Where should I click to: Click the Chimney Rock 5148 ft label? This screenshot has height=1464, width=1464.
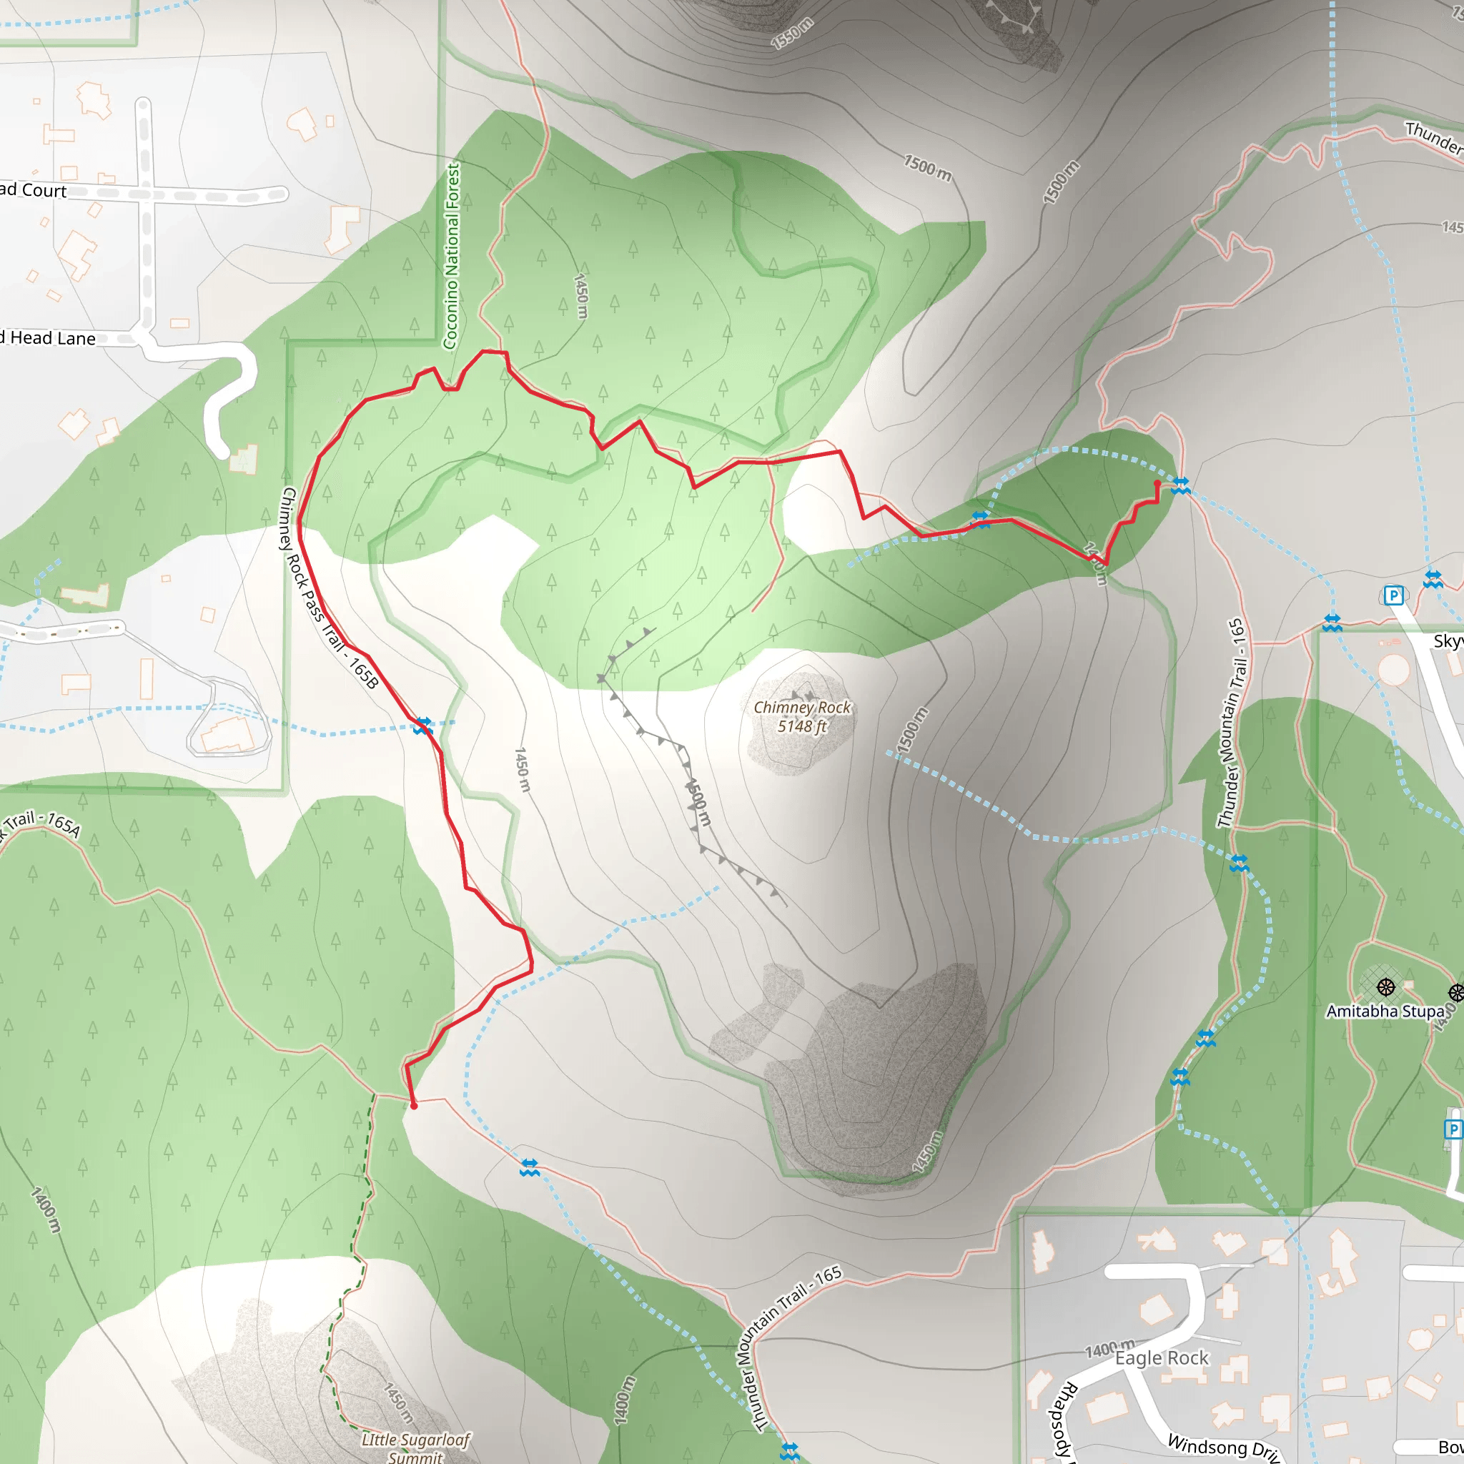802,716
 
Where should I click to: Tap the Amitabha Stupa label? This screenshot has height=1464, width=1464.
1385,1011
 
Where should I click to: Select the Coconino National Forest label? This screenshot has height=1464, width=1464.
452,256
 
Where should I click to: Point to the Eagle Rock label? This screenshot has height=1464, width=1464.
1162,1357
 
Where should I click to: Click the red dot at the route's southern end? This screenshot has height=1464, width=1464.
414,1106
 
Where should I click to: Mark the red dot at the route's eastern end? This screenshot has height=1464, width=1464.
1157,483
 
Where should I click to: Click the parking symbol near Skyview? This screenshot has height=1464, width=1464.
1393,595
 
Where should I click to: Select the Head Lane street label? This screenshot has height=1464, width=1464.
51,338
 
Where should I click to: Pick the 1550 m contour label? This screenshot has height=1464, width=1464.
792,34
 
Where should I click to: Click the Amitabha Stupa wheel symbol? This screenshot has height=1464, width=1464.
1386,986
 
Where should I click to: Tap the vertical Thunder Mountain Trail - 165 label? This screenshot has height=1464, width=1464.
1231,723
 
